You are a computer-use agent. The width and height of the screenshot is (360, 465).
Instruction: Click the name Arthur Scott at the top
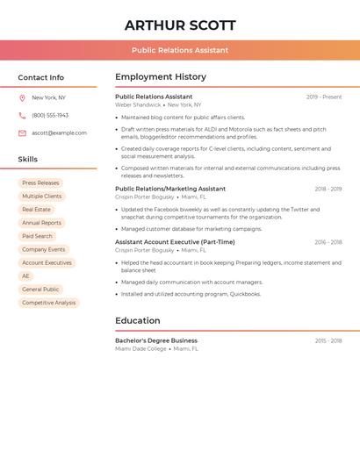coord(180,25)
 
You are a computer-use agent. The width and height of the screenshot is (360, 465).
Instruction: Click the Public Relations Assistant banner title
coord(180,50)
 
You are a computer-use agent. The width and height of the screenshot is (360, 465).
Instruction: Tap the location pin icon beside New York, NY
coord(22,97)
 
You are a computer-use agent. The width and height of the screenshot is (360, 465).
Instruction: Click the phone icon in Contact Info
coord(22,115)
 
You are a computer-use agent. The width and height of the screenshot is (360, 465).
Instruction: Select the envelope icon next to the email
coord(22,133)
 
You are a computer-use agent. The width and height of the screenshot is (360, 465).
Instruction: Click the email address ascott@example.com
coord(59,133)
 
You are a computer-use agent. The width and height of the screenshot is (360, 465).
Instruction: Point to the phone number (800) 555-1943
coord(50,115)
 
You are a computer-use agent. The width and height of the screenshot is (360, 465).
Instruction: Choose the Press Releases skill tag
coord(40,183)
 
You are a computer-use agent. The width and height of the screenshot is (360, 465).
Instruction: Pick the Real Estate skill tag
coord(36,210)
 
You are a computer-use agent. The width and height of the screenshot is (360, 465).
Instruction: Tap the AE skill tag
coord(25,276)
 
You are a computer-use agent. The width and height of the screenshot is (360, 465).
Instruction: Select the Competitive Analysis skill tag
coord(48,303)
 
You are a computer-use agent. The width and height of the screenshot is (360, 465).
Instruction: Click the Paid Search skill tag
coord(37,236)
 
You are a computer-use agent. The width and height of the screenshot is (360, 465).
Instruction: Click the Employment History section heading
coord(161,77)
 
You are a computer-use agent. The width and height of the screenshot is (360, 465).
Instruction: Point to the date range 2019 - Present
coord(324,97)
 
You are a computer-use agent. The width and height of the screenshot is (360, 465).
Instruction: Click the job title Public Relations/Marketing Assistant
coord(170,189)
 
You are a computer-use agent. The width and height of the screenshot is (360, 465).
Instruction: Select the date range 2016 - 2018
coord(328,242)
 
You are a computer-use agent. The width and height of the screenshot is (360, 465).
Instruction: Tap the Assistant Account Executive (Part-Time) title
coord(175,242)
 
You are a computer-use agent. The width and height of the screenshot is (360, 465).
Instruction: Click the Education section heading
coord(138,321)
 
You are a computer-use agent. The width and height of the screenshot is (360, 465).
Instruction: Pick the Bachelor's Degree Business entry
coord(156,340)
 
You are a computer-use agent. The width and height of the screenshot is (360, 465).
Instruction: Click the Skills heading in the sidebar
coord(28,160)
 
